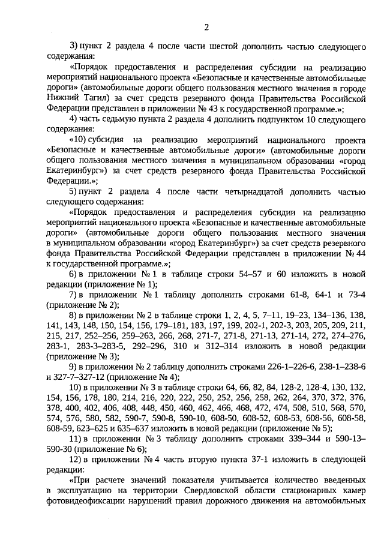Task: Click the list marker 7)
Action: point(75,295)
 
